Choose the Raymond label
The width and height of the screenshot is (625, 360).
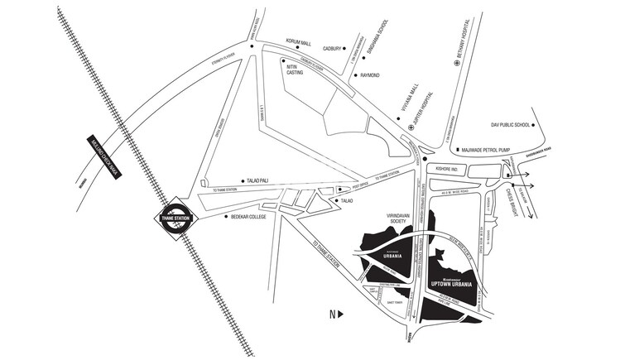(x=369, y=75)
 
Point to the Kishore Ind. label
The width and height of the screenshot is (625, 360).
(x=446, y=168)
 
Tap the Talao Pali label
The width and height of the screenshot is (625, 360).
(x=259, y=180)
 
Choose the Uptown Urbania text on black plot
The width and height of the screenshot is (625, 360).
(x=451, y=284)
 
